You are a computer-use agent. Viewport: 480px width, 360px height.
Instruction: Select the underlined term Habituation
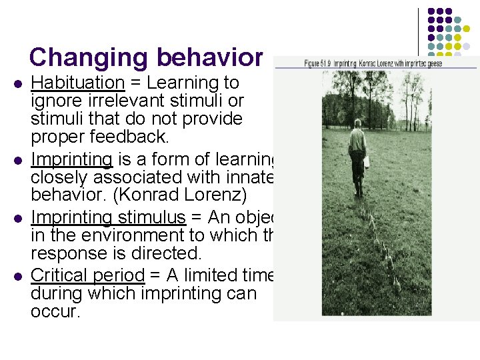78,83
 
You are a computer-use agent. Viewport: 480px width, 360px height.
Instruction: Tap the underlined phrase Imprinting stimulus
108,218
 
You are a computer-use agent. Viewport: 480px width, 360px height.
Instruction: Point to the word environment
151,235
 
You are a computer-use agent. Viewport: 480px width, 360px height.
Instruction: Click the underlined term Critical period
87,275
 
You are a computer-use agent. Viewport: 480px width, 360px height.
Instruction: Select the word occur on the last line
55,311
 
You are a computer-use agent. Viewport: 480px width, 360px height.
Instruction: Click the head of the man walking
358,123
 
